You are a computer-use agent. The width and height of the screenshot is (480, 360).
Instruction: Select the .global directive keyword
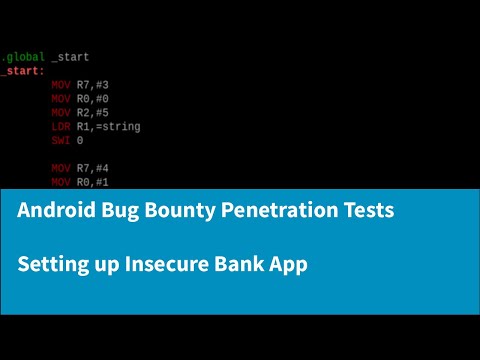22,58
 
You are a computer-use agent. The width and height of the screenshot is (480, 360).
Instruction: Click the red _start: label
22,72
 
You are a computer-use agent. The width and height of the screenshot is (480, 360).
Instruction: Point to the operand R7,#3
96,86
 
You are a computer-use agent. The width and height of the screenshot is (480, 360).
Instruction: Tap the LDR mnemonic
61,127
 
